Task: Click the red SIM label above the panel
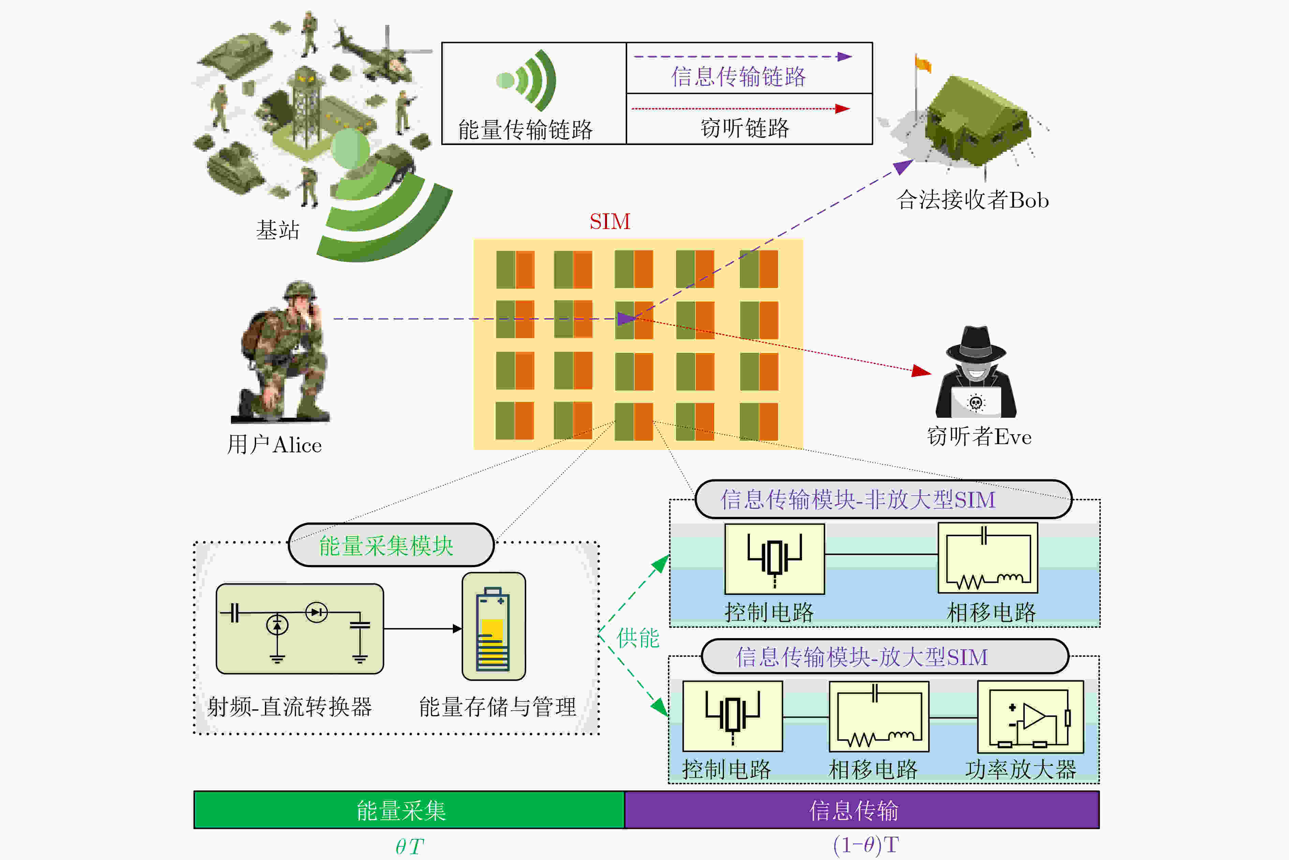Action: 610,222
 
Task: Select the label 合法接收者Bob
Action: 972,200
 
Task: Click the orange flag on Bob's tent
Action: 923,64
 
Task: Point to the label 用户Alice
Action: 275,445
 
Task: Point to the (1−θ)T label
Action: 865,845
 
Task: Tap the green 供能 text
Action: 638,638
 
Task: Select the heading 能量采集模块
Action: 386,546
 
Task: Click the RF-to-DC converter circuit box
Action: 300,629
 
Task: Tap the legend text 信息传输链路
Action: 739,77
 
